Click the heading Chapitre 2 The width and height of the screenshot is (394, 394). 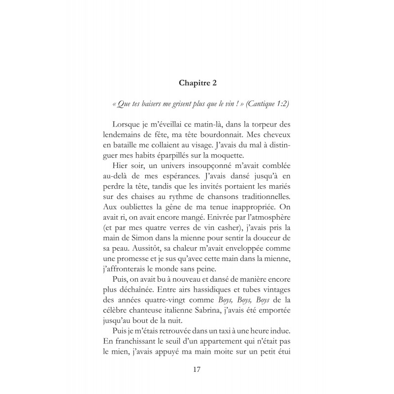click(x=197, y=84)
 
